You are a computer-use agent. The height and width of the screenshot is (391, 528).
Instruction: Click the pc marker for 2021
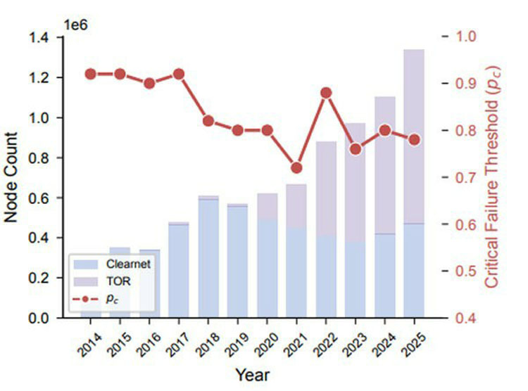click(x=296, y=168)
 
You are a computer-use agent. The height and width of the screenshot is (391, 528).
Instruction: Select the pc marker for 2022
click(x=326, y=93)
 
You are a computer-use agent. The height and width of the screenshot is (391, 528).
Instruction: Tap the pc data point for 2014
click(x=90, y=74)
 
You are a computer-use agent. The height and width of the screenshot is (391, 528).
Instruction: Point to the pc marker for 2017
click(x=179, y=74)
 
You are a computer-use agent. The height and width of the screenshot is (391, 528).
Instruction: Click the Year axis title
click(x=251, y=373)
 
